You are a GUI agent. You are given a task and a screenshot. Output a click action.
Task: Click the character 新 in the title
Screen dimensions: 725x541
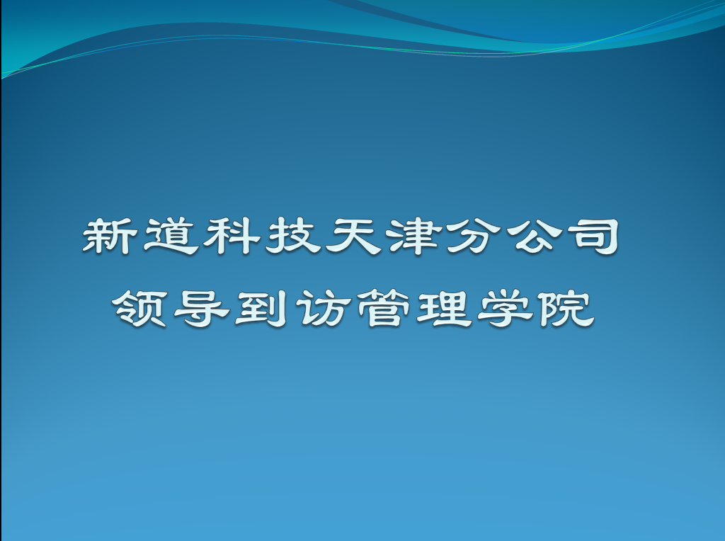(x=110, y=237)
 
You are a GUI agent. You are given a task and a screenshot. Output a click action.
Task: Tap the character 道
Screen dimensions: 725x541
(x=171, y=237)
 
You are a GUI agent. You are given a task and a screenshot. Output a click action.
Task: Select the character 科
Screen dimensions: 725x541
(x=232, y=237)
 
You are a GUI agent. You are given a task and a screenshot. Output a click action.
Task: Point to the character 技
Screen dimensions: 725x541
(x=293, y=237)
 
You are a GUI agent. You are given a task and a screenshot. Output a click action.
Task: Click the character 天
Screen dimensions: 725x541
(x=354, y=237)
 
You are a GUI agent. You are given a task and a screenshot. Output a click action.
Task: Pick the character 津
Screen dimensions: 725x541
(x=414, y=237)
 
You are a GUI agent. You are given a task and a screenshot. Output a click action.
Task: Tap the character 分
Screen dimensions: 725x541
(x=474, y=237)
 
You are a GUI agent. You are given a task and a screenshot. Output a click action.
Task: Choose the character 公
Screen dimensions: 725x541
(x=536, y=237)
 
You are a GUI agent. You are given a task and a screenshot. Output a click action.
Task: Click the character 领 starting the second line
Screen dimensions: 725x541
(x=139, y=309)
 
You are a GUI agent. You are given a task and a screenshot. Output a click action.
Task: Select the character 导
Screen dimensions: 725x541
(x=201, y=309)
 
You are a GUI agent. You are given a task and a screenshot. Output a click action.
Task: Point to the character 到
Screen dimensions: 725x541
(x=261, y=309)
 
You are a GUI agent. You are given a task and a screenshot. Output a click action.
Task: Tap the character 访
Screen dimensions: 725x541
(x=323, y=309)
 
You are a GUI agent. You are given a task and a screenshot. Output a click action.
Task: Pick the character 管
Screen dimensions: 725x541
(x=384, y=309)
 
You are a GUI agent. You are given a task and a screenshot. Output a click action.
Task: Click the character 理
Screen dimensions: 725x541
(x=445, y=309)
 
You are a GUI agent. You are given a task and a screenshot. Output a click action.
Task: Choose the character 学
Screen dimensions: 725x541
(x=506, y=309)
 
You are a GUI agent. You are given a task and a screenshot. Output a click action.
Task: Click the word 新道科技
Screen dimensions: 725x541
(x=202, y=237)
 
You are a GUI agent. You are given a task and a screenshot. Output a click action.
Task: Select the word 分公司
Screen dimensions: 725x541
(x=532, y=237)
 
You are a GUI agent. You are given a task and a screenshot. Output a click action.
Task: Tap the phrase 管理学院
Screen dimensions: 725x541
(x=475, y=309)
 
